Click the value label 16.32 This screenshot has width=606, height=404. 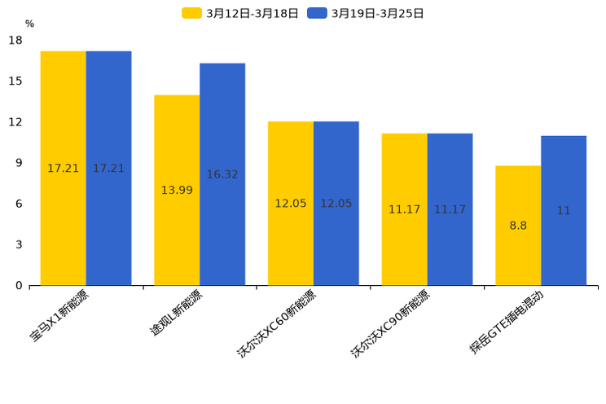222,174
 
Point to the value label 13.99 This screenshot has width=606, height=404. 177,190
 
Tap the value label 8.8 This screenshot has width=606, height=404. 518,226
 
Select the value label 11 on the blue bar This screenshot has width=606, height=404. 564,210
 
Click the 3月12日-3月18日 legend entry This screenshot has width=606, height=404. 240,13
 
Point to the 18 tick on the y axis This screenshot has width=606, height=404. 15,41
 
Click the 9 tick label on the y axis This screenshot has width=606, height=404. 19,163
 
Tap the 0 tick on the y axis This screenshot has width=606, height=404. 19,285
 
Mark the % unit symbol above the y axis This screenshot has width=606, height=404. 29,24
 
